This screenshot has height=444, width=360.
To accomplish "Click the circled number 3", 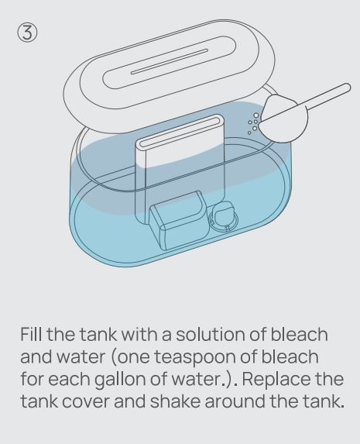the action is coord(27,33).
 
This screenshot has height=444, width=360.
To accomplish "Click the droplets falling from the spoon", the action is coord(253,123).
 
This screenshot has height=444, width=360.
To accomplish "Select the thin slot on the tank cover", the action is coord(170,62).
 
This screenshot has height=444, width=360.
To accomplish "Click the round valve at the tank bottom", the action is coord(224,219).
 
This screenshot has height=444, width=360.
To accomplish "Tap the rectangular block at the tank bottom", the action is coord(179,220).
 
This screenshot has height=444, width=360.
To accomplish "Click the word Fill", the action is coord(32,334).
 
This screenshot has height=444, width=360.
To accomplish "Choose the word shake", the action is coord(175,401).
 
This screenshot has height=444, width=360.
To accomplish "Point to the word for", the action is coord(32,380).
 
